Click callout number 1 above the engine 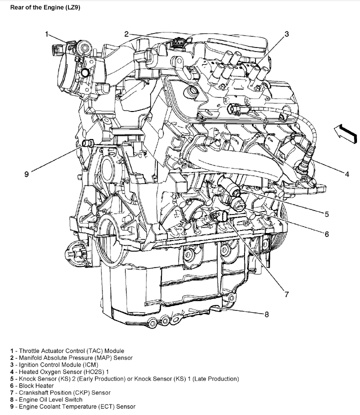tap(46, 34)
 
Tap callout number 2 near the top tap(126, 34)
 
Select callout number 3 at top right tap(286, 34)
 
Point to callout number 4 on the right tap(346, 174)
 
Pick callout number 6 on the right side tap(326, 233)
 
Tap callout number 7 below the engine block tap(286, 294)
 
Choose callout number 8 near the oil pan tap(266, 314)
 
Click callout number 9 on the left tap(26, 174)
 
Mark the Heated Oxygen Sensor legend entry tap(59, 372)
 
